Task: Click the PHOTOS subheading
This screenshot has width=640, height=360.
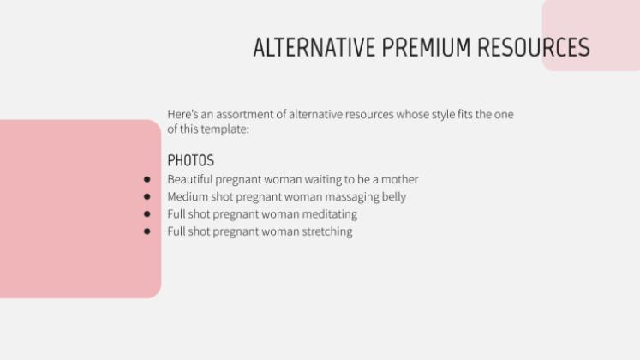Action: click(x=190, y=160)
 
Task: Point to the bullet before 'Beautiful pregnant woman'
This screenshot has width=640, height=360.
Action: click(x=147, y=180)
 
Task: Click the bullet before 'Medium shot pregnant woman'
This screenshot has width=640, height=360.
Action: click(x=147, y=197)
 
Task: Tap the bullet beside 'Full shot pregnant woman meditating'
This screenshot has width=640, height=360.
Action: click(x=147, y=214)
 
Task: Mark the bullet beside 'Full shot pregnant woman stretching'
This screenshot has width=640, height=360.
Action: click(x=147, y=231)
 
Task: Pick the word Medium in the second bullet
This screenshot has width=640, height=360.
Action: click(x=188, y=197)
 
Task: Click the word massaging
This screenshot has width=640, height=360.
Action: click(x=350, y=197)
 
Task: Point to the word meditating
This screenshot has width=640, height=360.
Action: click(x=326, y=214)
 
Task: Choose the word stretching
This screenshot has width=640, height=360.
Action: click(x=324, y=231)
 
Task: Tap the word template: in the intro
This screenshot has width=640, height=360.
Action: click(x=226, y=129)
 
